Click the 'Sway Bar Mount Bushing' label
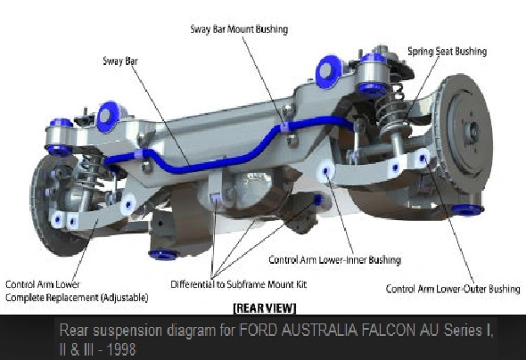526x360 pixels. (x=239, y=29)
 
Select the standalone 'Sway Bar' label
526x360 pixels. (x=120, y=61)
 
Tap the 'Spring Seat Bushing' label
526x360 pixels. (x=448, y=52)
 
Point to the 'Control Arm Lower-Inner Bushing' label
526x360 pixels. (x=335, y=260)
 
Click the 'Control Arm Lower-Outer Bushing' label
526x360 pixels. (x=453, y=289)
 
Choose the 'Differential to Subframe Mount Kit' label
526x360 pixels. (x=239, y=284)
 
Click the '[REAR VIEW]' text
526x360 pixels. (x=265, y=308)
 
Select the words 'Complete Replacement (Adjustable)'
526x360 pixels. (x=77, y=298)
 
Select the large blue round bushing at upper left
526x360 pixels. (x=108, y=116)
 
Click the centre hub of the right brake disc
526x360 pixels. (x=473, y=129)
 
